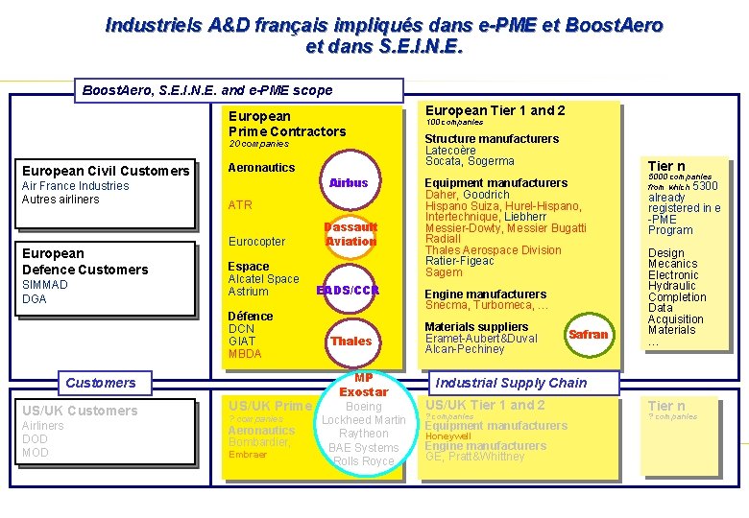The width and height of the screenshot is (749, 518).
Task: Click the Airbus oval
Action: click(x=349, y=182)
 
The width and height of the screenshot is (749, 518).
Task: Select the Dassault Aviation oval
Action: click(x=350, y=234)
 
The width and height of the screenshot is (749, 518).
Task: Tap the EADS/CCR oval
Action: click(x=348, y=290)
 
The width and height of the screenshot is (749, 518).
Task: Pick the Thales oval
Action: click(x=350, y=341)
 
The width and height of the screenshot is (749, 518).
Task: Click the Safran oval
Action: click(x=589, y=334)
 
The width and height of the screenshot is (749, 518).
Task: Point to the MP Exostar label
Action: click(x=363, y=385)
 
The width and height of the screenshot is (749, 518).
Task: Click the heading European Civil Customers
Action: click(x=106, y=171)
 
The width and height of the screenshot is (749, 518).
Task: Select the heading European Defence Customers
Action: click(x=85, y=261)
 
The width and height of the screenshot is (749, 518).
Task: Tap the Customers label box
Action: click(x=101, y=383)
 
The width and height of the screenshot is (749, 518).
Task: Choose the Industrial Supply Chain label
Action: click(x=511, y=383)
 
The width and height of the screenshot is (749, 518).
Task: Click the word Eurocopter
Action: click(x=256, y=242)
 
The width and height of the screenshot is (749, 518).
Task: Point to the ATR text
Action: click(x=240, y=205)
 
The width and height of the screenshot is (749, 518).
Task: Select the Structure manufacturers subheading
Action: click(x=492, y=139)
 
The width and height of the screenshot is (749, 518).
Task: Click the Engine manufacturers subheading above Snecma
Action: click(x=486, y=294)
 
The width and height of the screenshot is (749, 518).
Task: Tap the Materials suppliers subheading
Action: click(x=476, y=327)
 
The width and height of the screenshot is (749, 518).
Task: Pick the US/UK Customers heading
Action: click(x=80, y=411)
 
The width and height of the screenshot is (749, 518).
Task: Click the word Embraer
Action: click(x=248, y=455)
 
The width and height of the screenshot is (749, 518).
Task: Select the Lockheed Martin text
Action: click(x=364, y=420)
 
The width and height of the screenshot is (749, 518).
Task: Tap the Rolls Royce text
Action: click(x=364, y=461)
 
